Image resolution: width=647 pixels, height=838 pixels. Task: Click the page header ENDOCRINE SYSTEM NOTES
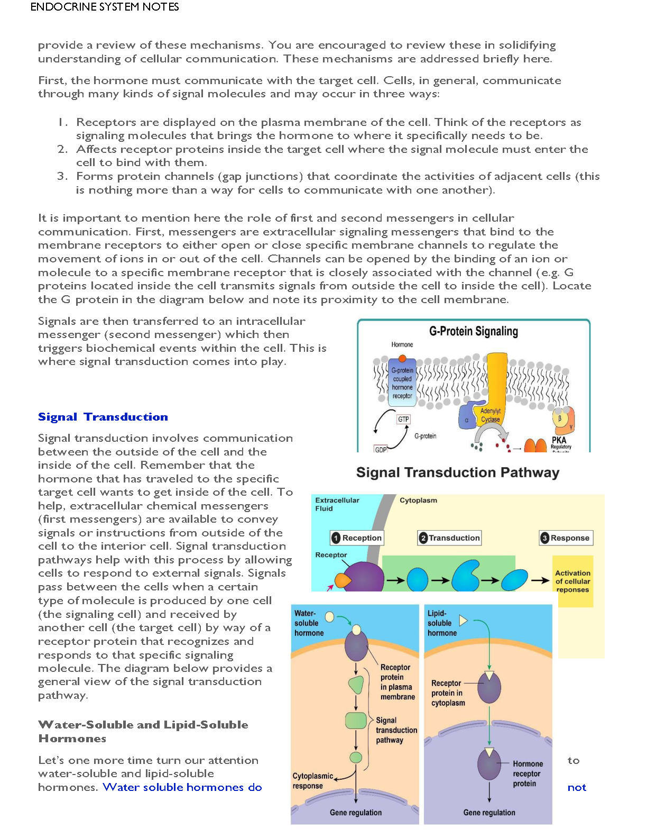105,7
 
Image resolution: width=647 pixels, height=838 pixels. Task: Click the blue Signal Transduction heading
103,417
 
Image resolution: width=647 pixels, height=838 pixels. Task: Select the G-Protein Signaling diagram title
474,331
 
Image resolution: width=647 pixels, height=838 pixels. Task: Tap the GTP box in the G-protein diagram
403,419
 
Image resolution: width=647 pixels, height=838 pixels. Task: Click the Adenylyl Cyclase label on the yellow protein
490,415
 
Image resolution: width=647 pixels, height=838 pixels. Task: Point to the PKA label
559,440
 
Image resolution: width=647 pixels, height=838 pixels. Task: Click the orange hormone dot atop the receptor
402,359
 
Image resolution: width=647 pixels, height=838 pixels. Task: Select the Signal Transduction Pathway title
457,472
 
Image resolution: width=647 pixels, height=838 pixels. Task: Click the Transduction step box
449,538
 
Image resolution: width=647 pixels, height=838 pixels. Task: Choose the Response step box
566,538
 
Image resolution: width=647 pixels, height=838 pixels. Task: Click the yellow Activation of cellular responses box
572,581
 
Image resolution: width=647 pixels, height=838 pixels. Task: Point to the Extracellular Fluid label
337,504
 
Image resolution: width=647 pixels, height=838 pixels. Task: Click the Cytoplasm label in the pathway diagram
418,500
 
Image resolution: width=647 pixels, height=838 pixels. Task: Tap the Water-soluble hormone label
309,623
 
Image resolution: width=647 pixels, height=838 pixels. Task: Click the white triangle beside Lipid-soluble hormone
463,621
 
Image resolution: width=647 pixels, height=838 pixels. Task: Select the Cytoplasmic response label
312,781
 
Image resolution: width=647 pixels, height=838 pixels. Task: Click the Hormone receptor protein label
528,773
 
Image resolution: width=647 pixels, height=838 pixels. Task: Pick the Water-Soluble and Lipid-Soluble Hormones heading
143,732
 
